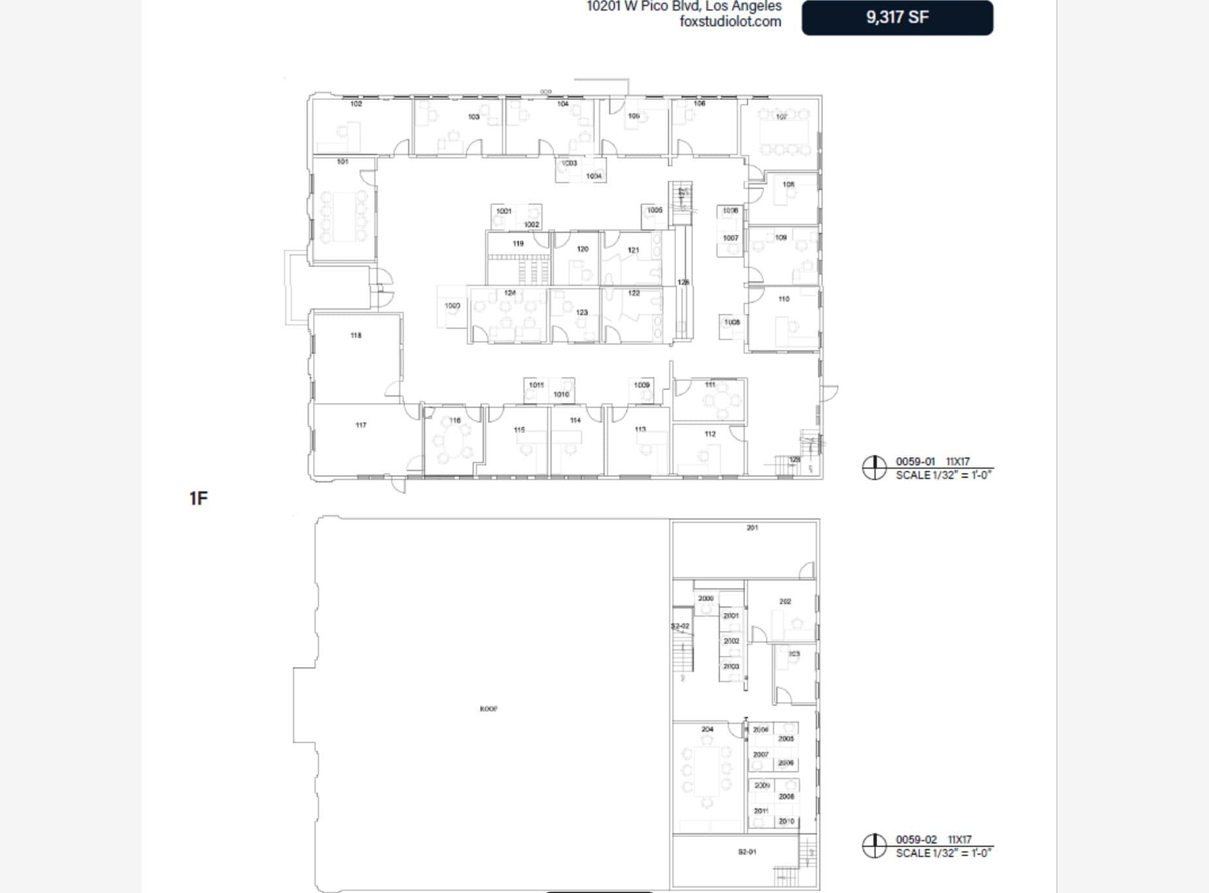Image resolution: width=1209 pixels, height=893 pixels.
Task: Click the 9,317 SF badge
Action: click(x=897, y=18)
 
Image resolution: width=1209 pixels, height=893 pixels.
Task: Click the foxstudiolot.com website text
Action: click(x=730, y=22)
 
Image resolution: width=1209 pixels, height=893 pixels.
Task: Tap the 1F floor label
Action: click(x=199, y=498)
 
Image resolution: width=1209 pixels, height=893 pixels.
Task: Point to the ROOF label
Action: click(x=489, y=709)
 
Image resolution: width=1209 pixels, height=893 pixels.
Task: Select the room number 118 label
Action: click(x=356, y=335)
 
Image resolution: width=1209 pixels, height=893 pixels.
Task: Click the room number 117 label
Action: click(x=361, y=425)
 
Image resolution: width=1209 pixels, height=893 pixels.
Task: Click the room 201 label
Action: click(x=752, y=528)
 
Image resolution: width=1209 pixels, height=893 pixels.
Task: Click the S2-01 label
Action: click(x=747, y=852)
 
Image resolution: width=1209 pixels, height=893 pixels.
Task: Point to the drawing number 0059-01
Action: click(x=915, y=461)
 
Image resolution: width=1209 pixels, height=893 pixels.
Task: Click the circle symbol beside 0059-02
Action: click(x=874, y=846)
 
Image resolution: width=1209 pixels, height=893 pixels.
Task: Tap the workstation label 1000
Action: click(x=452, y=306)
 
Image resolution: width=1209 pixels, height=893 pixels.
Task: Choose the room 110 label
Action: click(x=784, y=299)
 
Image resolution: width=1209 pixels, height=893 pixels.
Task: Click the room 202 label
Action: click(x=785, y=602)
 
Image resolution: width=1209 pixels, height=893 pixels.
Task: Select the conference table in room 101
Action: click(x=344, y=216)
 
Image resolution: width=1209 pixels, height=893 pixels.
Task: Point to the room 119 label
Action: click(x=518, y=244)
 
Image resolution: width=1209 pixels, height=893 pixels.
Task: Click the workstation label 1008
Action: click(x=732, y=322)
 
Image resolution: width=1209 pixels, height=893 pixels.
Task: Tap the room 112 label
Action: click(x=710, y=434)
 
